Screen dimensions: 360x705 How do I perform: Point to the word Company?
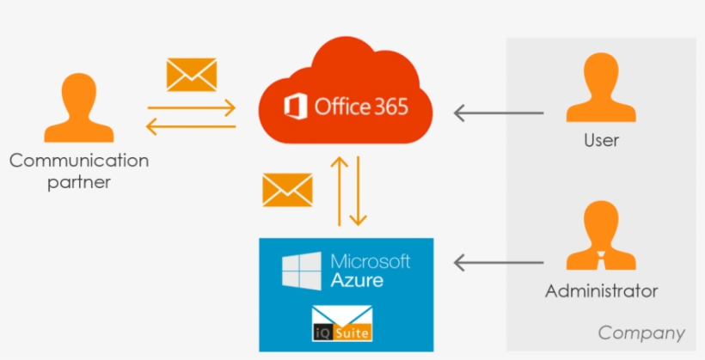[641, 333]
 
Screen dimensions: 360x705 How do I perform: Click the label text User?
[601, 139]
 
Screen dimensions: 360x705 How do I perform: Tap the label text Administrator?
[601, 291]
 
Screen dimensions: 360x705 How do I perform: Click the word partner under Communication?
[79, 182]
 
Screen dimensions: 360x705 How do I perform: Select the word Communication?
[79, 161]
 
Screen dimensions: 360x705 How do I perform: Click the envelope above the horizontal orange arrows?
[191, 75]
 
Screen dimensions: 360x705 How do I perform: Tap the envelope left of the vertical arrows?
[287, 190]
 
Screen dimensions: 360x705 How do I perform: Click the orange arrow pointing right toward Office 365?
[191, 108]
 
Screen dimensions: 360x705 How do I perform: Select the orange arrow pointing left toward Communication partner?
[191, 127]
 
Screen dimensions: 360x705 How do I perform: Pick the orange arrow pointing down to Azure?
[361, 190]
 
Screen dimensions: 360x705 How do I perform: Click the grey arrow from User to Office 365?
[499, 113]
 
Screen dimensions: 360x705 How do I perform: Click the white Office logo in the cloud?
[296, 107]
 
